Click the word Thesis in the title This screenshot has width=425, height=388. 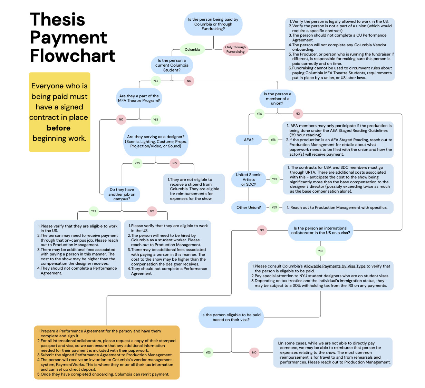coord(57,20)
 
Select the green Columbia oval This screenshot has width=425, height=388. coord(192,50)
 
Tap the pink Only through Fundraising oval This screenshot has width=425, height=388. coord(235,50)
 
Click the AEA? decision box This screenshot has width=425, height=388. coord(249,140)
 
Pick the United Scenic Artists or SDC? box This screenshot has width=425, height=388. coord(249,180)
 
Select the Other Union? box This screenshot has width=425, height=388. coord(249,207)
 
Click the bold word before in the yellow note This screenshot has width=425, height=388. coord(58,128)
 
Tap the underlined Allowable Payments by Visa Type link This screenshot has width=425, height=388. coord(334,266)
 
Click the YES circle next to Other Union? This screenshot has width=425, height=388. coord(274,207)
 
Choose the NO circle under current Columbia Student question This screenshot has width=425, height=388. coord(189,81)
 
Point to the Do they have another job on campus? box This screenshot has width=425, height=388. coord(122,194)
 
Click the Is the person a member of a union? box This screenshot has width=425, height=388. coord(277,99)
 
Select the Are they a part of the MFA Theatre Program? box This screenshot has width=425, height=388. coord(139,98)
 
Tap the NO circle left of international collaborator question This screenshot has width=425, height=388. coord(262,230)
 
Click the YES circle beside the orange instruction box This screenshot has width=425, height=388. coord(208,352)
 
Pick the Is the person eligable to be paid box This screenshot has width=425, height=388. coord(231,317)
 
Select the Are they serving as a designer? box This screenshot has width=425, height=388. coord(156,142)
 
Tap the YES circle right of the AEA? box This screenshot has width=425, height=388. coord(273,140)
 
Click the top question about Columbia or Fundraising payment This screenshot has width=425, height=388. coord(213,24)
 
